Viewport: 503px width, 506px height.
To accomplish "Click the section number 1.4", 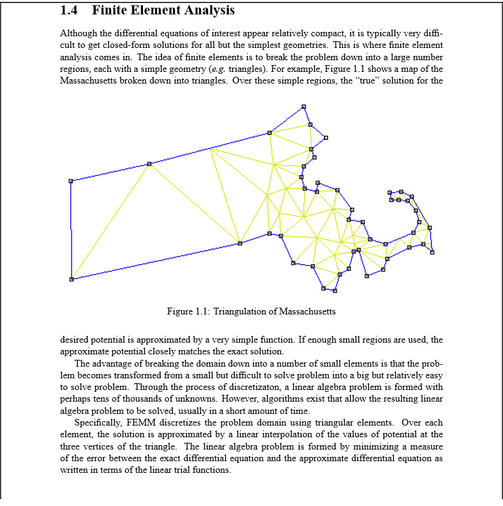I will [71, 10].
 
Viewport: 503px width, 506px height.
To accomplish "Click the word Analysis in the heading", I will [205, 10].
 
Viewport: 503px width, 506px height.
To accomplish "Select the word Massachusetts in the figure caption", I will [307, 311].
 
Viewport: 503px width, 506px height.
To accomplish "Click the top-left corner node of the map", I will [71, 181].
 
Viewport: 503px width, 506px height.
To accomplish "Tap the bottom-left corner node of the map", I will [71, 279].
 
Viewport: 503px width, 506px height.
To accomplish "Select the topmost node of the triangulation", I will [304, 107].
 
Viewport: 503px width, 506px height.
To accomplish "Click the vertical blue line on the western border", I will [71, 230].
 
